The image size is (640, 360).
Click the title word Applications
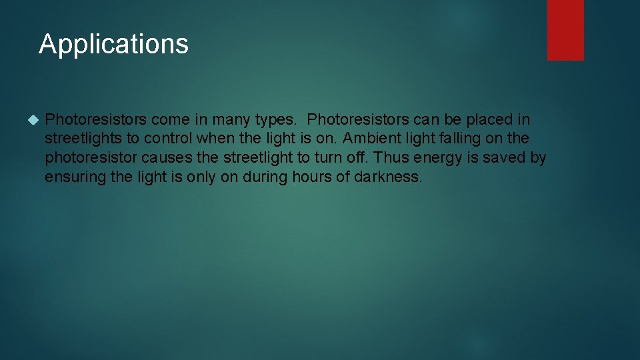(x=113, y=45)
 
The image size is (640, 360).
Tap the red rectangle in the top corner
(x=565, y=29)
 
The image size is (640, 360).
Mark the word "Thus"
(x=391, y=159)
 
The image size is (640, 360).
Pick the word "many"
(x=231, y=121)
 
